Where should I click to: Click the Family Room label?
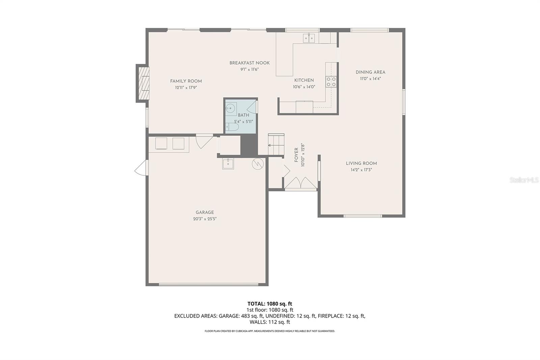coord(186,81)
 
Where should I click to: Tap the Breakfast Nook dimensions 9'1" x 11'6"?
coord(249,70)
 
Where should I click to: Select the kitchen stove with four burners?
coord(331,81)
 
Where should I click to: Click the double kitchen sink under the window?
coord(309,38)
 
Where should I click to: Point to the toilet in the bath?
coord(232,127)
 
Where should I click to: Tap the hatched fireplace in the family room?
coord(144,83)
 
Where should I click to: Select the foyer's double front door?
coord(301,183)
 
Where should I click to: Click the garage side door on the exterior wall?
coord(140,168)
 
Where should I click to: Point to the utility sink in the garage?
coord(228,164)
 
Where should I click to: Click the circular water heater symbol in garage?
coord(258,164)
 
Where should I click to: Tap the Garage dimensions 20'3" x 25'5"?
coord(205,219)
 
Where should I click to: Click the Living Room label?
coord(361,163)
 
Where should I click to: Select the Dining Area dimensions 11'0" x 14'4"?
coord(371,79)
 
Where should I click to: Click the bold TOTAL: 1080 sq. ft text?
coord(270,304)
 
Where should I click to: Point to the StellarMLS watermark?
coord(524,180)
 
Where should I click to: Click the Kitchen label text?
coord(304,80)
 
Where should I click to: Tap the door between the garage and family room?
coord(204,142)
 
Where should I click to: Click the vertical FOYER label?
coord(297,155)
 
